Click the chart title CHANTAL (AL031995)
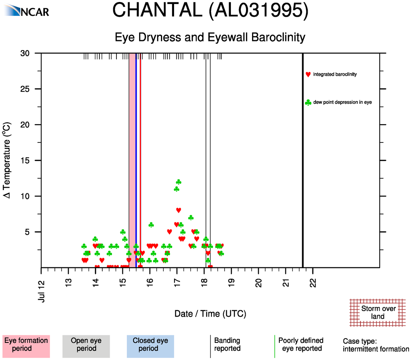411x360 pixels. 210,10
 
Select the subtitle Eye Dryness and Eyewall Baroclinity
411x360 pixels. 210,37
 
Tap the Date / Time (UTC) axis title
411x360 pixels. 210,314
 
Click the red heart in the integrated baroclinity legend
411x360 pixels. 308,74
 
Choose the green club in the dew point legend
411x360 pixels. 308,103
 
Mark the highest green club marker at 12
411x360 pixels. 178,182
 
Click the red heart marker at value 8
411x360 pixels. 178,210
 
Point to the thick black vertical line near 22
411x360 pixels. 303,159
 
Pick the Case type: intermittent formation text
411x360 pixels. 376,345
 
